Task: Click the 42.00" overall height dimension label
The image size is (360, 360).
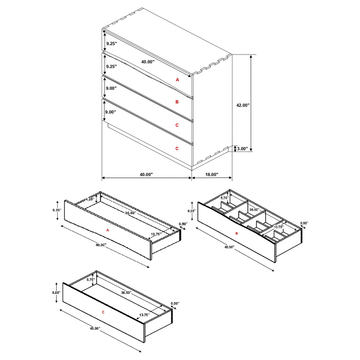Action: [x=243, y=105]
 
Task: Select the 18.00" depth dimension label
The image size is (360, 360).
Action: [x=212, y=174]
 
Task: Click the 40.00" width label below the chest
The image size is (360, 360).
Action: [x=146, y=174]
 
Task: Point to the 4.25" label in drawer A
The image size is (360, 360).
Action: [x=90, y=199]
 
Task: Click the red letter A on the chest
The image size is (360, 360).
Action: [x=177, y=79]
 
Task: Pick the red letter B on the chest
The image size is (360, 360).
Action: [x=177, y=102]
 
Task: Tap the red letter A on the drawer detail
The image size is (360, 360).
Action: [x=108, y=230]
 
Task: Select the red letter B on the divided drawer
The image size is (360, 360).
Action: [x=236, y=233]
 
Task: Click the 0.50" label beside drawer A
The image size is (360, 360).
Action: [x=183, y=224]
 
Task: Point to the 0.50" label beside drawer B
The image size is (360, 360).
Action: [x=304, y=223]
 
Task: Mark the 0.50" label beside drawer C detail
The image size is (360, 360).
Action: [x=175, y=303]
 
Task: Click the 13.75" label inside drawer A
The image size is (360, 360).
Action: [x=156, y=234]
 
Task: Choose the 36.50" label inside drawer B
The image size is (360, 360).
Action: [x=254, y=209]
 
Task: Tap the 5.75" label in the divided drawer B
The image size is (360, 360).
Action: [x=224, y=198]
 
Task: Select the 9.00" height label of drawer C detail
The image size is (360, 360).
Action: [x=56, y=292]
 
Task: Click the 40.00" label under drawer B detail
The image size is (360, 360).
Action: [x=229, y=247]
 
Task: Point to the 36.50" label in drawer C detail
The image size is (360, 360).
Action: [x=126, y=292]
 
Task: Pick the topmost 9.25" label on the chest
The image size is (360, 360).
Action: [x=111, y=44]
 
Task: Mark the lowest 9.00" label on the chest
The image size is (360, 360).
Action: [x=110, y=112]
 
